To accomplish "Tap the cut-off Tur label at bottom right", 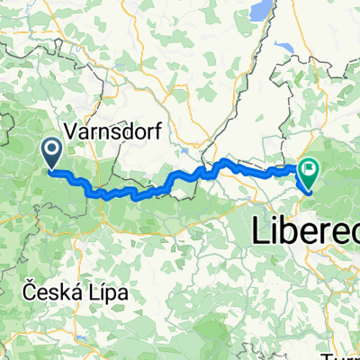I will (x=346, y=352).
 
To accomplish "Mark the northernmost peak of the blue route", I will (x=223, y=160).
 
